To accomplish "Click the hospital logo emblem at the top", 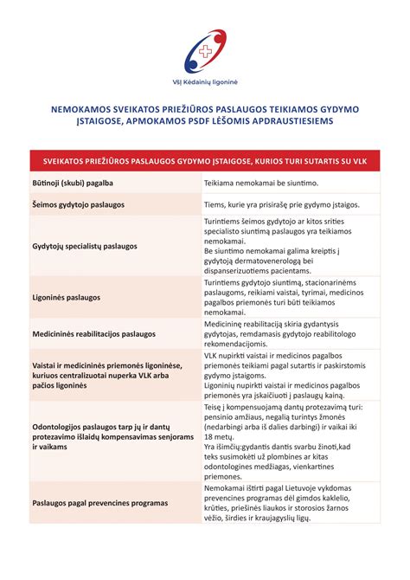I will pos(205,49).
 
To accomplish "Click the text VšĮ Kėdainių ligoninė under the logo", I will pos(205,81).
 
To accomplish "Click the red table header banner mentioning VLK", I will pos(205,162).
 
